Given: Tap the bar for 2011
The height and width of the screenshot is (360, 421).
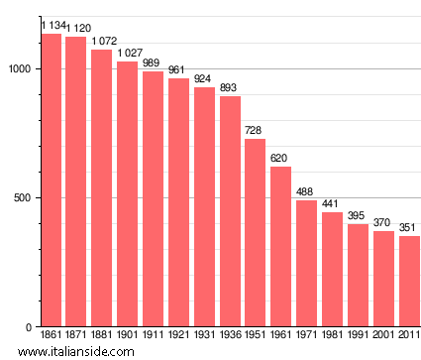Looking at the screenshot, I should click(x=409, y=282).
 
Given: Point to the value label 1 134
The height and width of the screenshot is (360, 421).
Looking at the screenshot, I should click(x=52, y=25).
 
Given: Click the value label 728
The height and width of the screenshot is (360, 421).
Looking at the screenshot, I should click(x=256, y=131).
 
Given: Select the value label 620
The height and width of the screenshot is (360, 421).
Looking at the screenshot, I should click(x=281, y=159).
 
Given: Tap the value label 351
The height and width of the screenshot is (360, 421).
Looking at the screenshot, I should click(x=409, y=228).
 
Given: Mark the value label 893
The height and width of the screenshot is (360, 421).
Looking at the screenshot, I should click(x=230, y=88).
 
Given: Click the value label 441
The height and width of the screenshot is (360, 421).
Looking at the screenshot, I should click(x=333, y=204).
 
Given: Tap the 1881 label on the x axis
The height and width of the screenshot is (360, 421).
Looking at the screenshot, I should click(x=102, y=335).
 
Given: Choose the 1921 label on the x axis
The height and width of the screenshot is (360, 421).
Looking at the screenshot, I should click(x=178, y=335).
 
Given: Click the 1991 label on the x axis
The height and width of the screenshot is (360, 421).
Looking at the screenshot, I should click(x=358, y=335).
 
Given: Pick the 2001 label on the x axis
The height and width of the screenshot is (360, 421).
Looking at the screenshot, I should click(x=383, y=335).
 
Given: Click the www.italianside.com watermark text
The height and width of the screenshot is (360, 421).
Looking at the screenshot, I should click(x=61, y=351).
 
